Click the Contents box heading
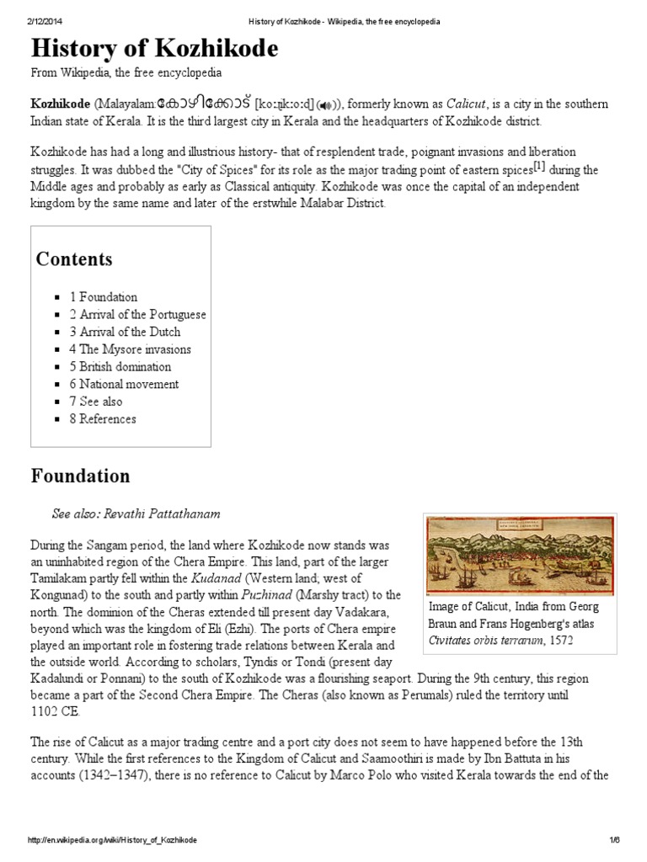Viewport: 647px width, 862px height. pyautogui.click(x=74, y=258)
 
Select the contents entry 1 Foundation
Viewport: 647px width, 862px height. pyautogui.click(x=103, y=296)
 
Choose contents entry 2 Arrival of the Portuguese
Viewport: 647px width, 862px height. pyautogui.click(x=137, y=314)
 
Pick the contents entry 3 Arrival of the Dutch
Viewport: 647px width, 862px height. pyautogui.click(x=125, y=332)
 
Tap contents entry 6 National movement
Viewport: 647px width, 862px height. pyautogui.click(x=124, y=384)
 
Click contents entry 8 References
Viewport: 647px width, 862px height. pyautogui.click(x=102, y=419)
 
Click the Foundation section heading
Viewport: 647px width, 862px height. pyautogui.click(x=81, y=476)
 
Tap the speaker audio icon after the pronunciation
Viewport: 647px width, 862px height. pyautogui.click(x=327, y=104)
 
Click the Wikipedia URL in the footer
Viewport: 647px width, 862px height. pyautogui.click(x=117, y=841)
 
